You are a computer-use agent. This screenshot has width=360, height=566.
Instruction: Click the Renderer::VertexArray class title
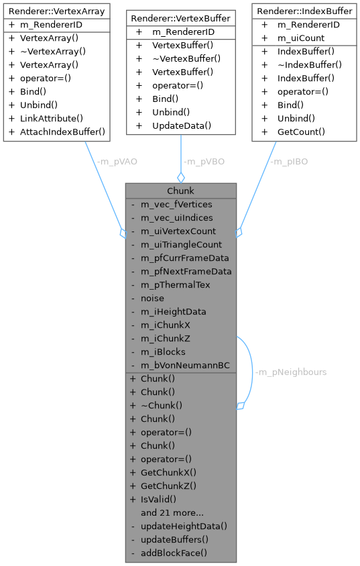pos(56,11)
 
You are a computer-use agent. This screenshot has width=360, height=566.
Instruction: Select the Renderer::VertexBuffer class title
pos(180,18)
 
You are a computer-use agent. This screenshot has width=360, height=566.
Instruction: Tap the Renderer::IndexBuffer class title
pos(304,11)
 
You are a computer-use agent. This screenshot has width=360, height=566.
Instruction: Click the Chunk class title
pos(180,191)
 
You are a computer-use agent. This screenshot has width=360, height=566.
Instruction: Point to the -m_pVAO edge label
pos(117,162)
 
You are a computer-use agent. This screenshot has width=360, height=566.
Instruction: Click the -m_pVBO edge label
pos(203,162)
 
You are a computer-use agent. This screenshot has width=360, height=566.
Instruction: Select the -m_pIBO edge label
pos(288,162)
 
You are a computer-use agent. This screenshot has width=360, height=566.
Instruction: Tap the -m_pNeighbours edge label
pos(290,372)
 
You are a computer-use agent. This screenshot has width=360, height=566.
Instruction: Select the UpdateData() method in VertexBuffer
pos(181,125)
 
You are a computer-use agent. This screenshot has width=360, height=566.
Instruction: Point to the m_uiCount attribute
pos(302,38)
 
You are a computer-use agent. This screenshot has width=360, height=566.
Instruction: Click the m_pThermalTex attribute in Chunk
pos(175,285)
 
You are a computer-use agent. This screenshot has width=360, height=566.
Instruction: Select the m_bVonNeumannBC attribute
pos(185,365)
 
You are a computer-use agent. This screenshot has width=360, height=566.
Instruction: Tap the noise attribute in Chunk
pos(152,298)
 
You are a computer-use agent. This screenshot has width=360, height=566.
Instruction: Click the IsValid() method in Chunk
pos(158,499)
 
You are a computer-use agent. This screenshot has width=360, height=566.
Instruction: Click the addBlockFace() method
pos(174,553)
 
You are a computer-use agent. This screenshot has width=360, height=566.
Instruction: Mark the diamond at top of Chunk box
pos(180,177)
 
